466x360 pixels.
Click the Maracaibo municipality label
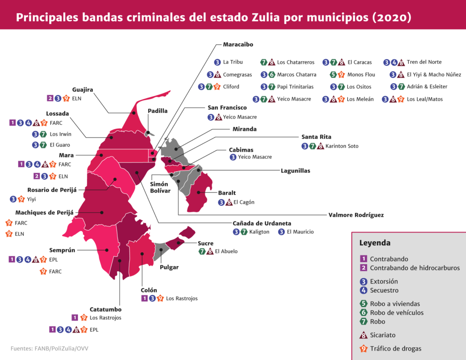tap(238, 45)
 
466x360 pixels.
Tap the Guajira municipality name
tap(83, 90)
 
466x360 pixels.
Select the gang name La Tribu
tap(233, 62)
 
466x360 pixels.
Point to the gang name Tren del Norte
tap(424, 62)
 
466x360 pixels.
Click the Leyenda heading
tap(375, 243)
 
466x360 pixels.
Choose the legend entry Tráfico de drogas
tap(395, 349)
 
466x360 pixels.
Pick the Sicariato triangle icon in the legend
tap(363, 335)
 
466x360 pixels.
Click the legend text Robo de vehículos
tap(397, 312)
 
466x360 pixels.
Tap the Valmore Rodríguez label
tap(356, 215)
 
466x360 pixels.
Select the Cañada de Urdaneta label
tap(262, 223)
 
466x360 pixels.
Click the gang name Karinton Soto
tap(342, 146)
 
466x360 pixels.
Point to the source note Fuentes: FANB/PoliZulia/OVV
tap(49, 349)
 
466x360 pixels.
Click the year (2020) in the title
tap(392, 17)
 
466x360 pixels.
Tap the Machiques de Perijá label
tap(44, 213)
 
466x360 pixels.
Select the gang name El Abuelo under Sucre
tap(226, 251)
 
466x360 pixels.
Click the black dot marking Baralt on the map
tap(198, 193)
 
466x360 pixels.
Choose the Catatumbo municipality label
tap(106, 309)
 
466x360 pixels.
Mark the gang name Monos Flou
tap(361, 75)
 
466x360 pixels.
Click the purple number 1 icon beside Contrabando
tap(363, 259)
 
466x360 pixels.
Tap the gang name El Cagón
tap(244, 202)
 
